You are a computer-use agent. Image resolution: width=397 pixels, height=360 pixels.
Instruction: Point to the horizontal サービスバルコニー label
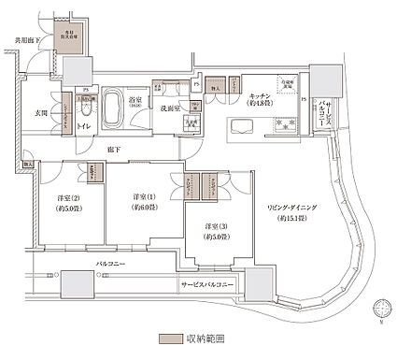(205, 283)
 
